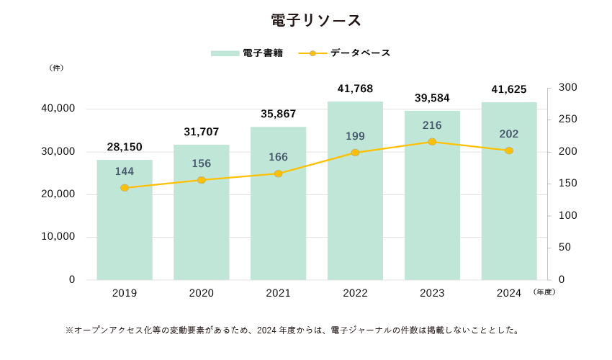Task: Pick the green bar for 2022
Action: click(x=355, y=216)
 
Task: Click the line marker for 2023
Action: click(x=432, y=142)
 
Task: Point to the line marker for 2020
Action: click(x=202, y=180)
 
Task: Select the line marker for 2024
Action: click(x=509, y=150)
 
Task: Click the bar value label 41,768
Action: click(x=355, y=89)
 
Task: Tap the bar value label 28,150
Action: click(x=125, y=147)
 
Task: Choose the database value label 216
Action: click(x=432, y=125)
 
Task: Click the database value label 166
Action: click(x=278, y=157)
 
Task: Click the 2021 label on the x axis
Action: click(x=278, y=293)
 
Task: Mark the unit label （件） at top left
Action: click(x=56, y=68)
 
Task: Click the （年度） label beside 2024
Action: click(x=544, y=292)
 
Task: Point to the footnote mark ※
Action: click(x=69, y=330)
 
